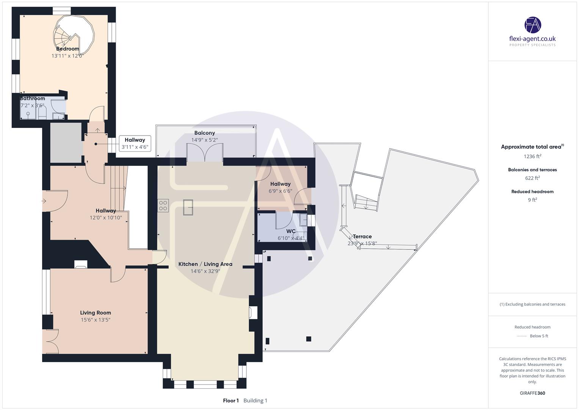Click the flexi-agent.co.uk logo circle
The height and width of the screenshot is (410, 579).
(532, 25)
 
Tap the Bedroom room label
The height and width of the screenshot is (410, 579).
(67, 49)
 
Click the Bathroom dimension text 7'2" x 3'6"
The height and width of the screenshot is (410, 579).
(32, 105)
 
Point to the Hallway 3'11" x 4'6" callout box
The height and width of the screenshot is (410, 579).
(135, 143)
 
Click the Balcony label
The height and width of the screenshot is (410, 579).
(204, 133)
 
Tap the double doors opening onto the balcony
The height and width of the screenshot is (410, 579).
(204, 154)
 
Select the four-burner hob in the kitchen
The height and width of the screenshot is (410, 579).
(163, 205)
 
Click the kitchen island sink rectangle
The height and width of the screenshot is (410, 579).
(188, 207)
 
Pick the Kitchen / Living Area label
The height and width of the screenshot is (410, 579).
(205, 264)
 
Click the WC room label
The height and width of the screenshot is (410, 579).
(291, 231)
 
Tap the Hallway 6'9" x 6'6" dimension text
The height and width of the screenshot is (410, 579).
(280, 191)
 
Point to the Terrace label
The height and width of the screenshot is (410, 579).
(362, 236)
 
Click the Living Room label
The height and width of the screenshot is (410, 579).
(96, 313)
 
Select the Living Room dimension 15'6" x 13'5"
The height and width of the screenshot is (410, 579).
(96, 320)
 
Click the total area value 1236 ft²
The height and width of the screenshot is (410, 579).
(532, 156)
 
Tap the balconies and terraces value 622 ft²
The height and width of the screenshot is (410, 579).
(532, 178)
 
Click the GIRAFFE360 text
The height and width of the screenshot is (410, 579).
(532, 393)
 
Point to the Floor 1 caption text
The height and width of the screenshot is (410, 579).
(231, 401)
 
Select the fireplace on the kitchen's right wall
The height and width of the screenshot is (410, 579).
(253, 313)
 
